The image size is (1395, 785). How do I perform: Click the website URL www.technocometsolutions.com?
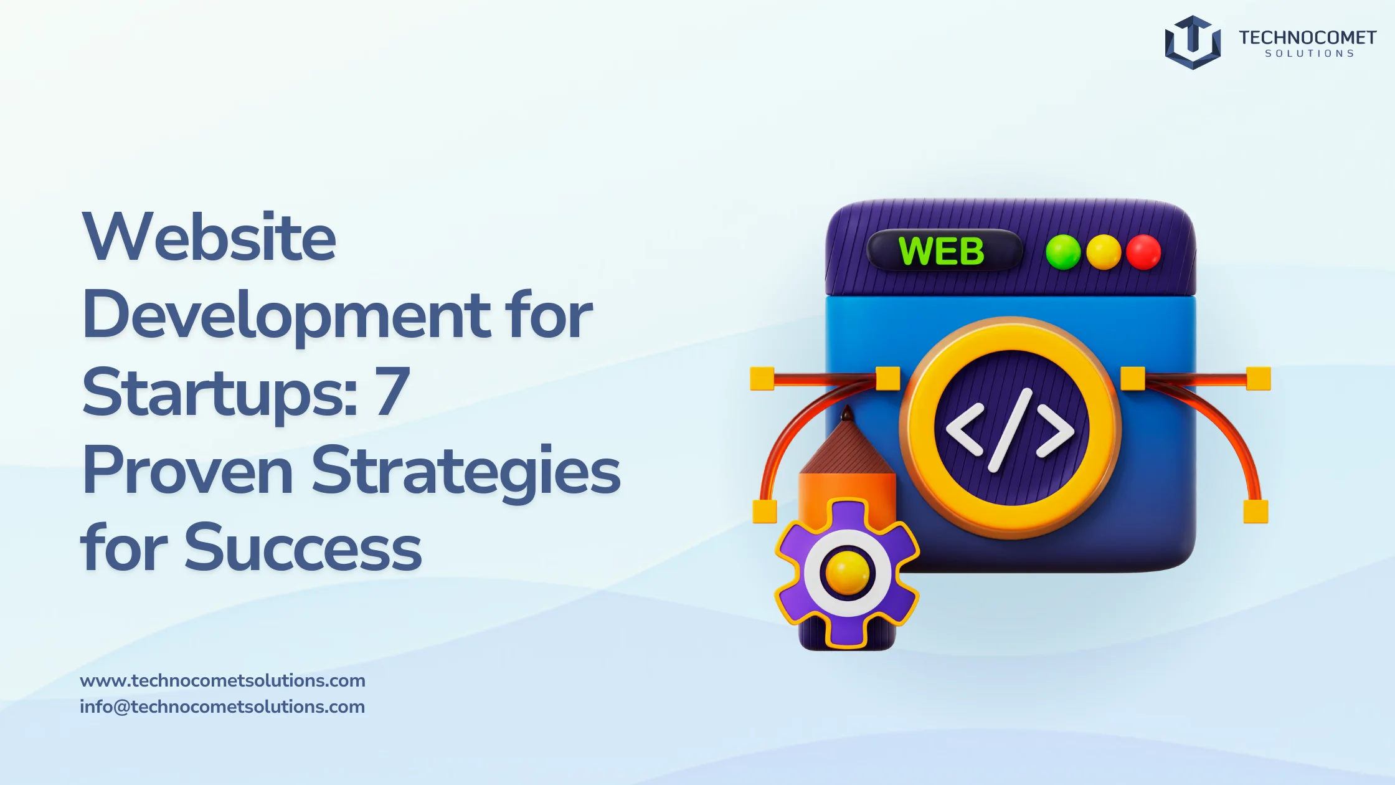tap(222, 680)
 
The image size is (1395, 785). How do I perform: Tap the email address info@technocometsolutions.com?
tap(222, 706)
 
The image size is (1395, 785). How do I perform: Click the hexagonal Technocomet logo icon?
tap(1193, 42)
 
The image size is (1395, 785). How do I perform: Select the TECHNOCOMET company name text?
tap(1307, 37)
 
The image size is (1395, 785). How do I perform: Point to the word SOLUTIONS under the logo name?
tap(1310, 54)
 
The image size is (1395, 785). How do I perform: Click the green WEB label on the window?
tap(941, 251)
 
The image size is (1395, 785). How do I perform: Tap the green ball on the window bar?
tap(1063, 252)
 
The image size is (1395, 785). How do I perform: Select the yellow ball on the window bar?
tap(1104, 252)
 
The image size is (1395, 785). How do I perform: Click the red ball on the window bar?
tap(1143, 252)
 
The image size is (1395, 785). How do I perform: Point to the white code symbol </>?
tap(1010, 430)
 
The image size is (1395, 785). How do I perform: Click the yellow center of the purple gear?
tap(847, 572)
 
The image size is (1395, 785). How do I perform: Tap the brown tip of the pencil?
tap(847, 413)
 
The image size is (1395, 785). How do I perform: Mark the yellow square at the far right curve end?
tap(1255, 511)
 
